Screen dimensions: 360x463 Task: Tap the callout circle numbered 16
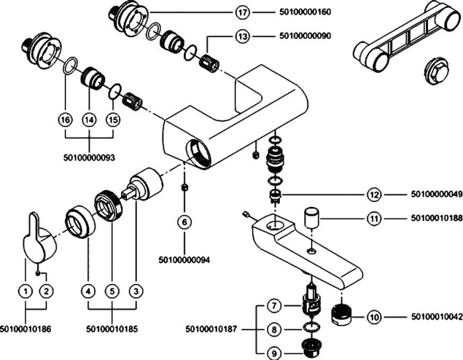(64, 120)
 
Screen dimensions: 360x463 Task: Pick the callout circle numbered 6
(185, 222)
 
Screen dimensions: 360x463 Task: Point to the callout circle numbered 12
(375, 195)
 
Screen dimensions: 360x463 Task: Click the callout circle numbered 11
(375, 218)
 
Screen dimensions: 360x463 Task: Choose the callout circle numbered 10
(375, 318)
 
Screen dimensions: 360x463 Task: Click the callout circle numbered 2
(46, 290)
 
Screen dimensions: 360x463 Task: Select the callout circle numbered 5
(111, 290)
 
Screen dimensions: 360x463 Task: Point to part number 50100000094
(185, 259)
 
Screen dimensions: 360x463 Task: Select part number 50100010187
(211, 328)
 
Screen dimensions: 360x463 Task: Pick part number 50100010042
(433, 318)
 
